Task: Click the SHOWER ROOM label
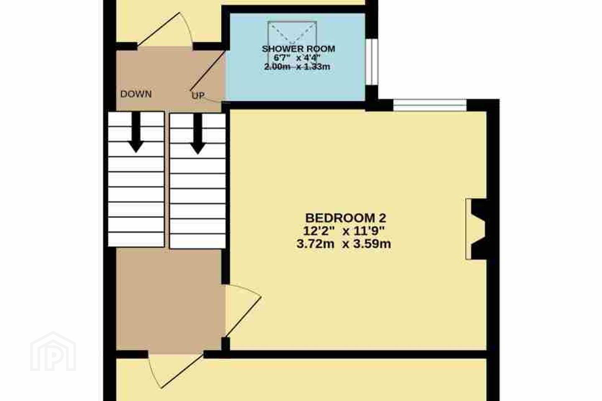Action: coord(298,49)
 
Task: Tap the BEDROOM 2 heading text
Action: coord(346,218)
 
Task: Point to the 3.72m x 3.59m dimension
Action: coord(344,244)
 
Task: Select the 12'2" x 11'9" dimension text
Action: coord(344,231)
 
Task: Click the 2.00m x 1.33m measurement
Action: coord(297,66)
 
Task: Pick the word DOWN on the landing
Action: coord(136,94)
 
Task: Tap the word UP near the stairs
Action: coord(198,95)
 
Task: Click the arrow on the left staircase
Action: coord(136,132)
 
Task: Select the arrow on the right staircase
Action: coord(198,134)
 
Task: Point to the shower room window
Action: coord(372,62)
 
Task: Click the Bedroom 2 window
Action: coord(430,105)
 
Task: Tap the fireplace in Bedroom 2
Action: coord(476,229)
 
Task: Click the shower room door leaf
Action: coord(208,70)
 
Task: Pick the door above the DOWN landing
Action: coord(158,29)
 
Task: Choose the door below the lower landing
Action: coord(182,371)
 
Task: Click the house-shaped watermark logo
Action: coord(53,352)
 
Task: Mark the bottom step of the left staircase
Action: coord(136,240)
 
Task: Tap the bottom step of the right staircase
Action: coord(198,241)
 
